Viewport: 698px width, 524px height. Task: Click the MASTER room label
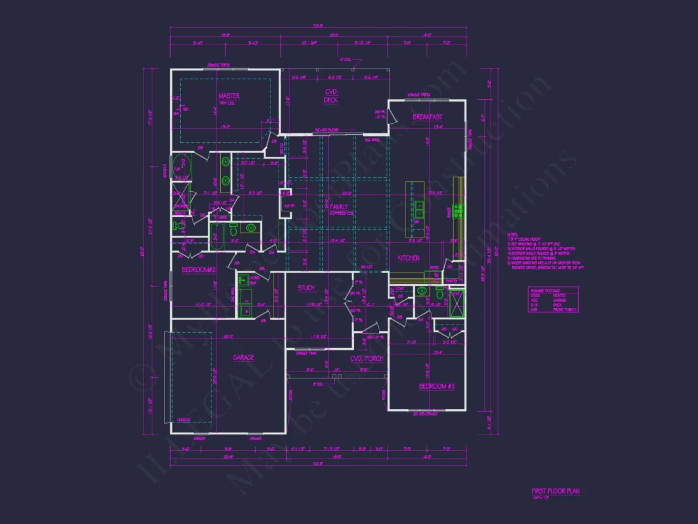pyautogui.click(x=228, y=96)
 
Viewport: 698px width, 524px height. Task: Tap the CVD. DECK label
pyautogui.click(x=331, y=96)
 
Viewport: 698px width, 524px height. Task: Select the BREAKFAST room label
pyautogui.click(x=427, y=117)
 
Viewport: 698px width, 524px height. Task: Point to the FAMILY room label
pyautogui.click(x=338, y=207)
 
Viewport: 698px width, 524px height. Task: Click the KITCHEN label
pyautogui.click(x=408, y=259)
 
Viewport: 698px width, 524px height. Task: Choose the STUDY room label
pyautogui.click(x=306, y=288)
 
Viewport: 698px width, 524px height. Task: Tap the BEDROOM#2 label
pyautogui.click(x=199, y=270)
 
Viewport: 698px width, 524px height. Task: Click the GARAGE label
pyautogui.click(x=243, y=358)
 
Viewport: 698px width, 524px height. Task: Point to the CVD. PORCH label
pyautogui.click(x=367, y=359)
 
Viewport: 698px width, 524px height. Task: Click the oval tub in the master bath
pyautogui.click(x=180, y=165)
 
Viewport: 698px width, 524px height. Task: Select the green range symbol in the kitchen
pyautogui.click(x=458, y=208)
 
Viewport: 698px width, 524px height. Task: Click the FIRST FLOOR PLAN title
pyautogui.click(x=555, y=491)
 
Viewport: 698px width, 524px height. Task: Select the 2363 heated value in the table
pyautogui.click(x=536, y=295)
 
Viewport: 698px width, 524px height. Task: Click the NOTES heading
pyautogui.click(x=513, y=234)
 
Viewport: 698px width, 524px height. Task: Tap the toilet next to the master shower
pyautogui.click(x=178, y=225)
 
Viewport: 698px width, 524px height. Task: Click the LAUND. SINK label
pyautogui.click(x=244, y=279)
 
